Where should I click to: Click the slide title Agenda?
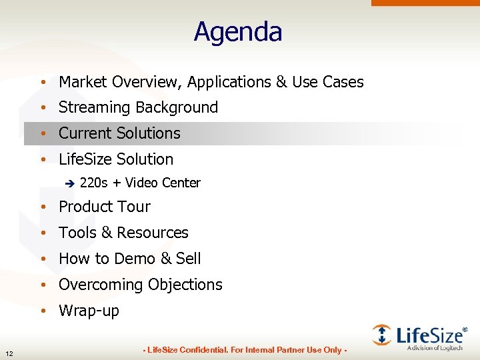pyautogui.click(x=238, y=32)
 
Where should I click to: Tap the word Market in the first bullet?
pyautogui.click(x=83, y=82)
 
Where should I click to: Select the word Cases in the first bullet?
pyautogui.click(x=343, y=82)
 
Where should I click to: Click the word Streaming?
pyautogui.click(x=94, y=107)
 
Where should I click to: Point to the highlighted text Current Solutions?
pyautogui.click(x=119, y=133)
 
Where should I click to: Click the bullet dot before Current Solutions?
pyautogui.click(x=42, y=134)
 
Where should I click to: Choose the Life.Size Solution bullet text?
pyautogui.click(x=116, y=159)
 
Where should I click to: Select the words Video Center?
pyautogui.click(x=162, y=183)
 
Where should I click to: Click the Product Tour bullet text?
pyautogui.click(x=105, y=207)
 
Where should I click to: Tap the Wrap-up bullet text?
pyautogui.click(x=89, y=311)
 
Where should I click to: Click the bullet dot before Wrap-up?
pyautogui.click(x=42, y=311)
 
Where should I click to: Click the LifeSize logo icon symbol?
pyautogui.click(x=382, y=335)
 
